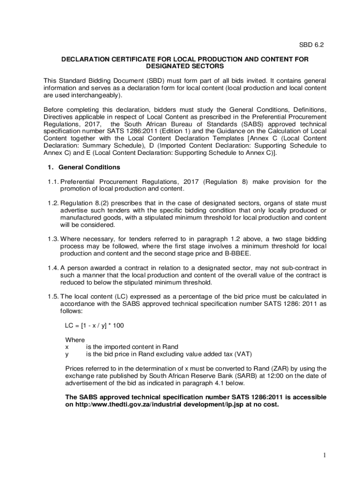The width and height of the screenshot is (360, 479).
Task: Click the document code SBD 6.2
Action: (x=311, y=45)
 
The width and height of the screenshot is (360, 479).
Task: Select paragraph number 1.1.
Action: (x=52, y=181)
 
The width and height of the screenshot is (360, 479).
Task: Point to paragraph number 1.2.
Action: (x=52, y=203)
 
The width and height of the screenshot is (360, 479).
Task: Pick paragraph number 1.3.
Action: (x=52, y=239)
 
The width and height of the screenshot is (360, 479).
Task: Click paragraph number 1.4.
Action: (x=52, y=268)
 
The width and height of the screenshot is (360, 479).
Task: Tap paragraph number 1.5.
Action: (x=52, y=296)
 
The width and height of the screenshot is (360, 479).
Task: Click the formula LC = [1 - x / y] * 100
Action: (x=95, y=325)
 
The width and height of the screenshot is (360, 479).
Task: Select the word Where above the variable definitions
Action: (x=75, y=340)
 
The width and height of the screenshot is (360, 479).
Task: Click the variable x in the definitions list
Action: (x=67, y=347)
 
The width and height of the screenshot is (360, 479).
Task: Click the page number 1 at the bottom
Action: (x=324, y=455)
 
